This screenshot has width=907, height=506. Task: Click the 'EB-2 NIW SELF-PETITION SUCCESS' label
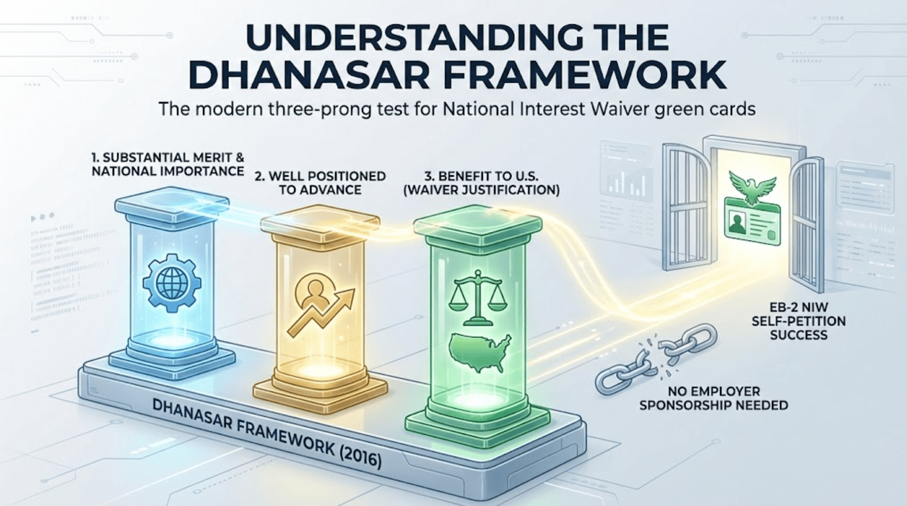pos(798,321)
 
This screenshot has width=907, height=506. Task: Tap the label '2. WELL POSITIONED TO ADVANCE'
pos(320,182)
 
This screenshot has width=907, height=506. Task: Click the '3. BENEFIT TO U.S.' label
pos(481,176)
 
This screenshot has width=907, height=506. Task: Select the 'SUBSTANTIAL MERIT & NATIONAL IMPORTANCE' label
pos(168,164)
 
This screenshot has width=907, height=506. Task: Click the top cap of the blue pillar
pos(172,204)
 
